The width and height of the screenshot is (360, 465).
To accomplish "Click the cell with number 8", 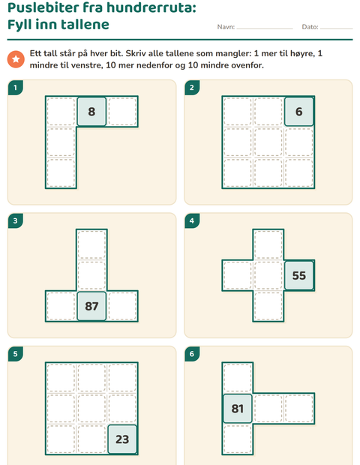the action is click(91, 112).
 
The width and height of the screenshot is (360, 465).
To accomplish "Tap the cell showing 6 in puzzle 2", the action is click(299, 112).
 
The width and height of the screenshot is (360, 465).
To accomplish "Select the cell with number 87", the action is click(91, 306).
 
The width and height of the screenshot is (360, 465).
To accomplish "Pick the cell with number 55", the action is click(299, 275).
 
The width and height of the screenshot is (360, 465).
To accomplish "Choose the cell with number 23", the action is click(122, 439).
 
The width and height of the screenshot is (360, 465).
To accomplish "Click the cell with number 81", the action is click(237, 408).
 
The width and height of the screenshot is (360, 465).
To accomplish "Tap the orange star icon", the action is click(16, 59).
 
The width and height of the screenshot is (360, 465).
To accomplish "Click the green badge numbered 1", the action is click(16, 88).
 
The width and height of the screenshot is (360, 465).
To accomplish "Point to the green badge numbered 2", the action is click(192, 88).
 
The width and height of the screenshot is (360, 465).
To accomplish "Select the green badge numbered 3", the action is click(16, 220).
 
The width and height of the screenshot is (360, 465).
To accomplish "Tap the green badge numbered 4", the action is click(192, 220).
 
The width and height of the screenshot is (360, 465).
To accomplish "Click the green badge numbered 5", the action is click(16, 354).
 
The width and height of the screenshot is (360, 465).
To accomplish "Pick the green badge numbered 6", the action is click(192, 354).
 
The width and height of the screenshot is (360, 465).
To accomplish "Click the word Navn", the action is click(226, 27).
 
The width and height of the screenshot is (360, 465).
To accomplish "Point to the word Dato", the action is click(310, 27).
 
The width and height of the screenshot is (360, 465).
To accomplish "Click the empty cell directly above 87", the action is click(91, 275).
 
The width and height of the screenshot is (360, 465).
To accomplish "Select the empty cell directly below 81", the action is click(237, 439).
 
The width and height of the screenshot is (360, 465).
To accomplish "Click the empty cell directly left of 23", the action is click(91, 439).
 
